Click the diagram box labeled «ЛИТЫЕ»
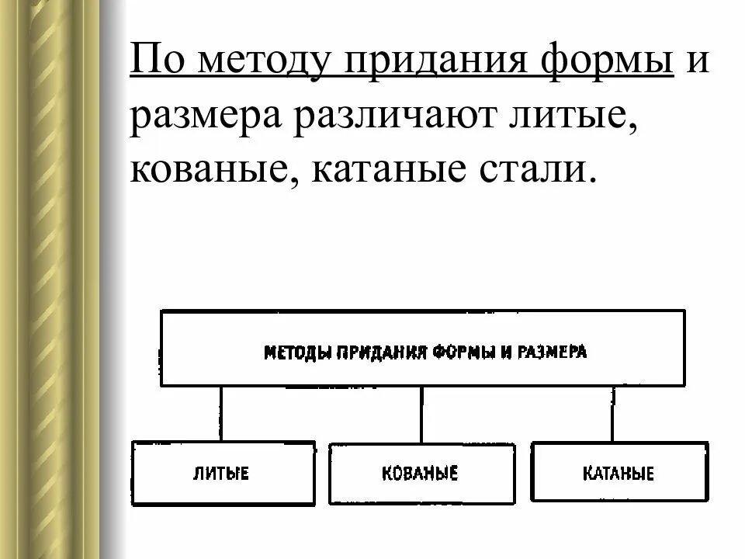click(x=223, y=473)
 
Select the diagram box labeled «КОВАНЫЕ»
click(x=421, y=473)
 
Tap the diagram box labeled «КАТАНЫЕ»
click(x=619, y=473)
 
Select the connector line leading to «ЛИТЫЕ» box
click(x=221, y=414)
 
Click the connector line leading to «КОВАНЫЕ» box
click(x=421, y=414)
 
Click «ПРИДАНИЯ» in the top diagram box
click(x=380, y=352)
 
